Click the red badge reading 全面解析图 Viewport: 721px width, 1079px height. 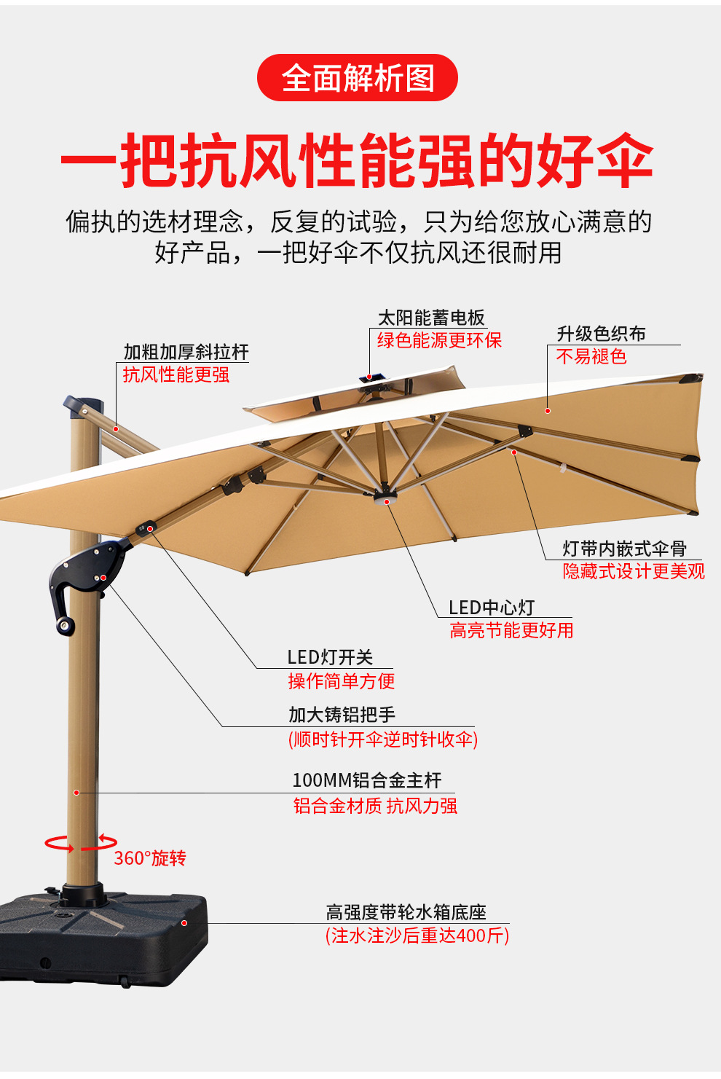pos(357,78)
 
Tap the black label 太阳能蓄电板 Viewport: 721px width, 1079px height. pos(431,318)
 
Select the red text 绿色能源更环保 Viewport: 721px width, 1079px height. pos(439,340)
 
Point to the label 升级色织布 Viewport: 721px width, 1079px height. pos(601,334)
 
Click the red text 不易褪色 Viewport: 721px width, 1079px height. pos(591,356)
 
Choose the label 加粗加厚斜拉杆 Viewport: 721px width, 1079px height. pos(186,352)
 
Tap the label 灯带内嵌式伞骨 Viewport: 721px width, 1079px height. pos(624,549)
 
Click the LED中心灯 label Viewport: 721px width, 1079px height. pos(492,608)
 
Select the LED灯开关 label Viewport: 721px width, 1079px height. pos(330,657)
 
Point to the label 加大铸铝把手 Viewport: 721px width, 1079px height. pos(342,715)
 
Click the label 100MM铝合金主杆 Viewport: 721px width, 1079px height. pos(366,780)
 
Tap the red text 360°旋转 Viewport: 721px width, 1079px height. pos(150,858)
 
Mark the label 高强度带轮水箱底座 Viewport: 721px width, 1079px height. pos(406,912)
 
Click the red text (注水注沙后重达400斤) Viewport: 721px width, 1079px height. pos(417,935)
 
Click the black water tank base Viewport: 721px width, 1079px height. pos(102,940)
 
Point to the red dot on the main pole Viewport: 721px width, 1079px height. pos(76,792)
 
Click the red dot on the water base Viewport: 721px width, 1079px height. pos(184,923)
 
